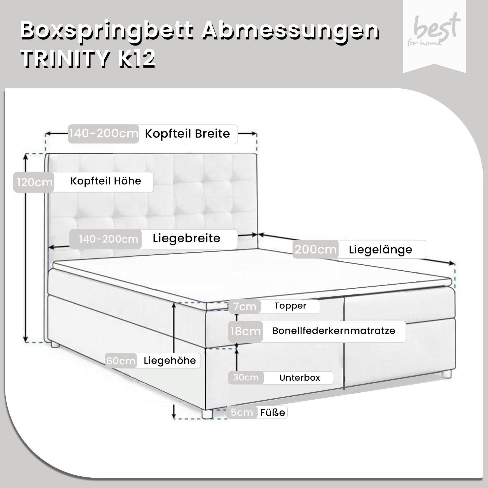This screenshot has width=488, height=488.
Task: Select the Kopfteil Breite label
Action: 187,134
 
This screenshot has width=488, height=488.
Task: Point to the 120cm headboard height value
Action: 34,182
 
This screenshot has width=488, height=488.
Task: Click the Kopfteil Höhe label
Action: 106,181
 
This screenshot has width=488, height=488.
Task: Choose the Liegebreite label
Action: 187,239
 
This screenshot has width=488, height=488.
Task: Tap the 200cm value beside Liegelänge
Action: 316,249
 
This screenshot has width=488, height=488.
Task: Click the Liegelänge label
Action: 380,249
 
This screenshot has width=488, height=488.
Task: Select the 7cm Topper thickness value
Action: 245,306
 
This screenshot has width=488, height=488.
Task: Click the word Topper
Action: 290,306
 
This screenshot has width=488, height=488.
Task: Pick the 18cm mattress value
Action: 245,331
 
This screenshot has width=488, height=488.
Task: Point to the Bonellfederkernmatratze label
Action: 334,331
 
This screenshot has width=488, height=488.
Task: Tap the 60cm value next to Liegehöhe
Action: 121,361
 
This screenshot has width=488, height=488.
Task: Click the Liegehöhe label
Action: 170,361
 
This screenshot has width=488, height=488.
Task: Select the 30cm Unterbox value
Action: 246,377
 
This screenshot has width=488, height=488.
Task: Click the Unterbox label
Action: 300,378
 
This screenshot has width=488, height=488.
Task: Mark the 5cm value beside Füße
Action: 242,412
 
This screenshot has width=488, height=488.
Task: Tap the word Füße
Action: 272,412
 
